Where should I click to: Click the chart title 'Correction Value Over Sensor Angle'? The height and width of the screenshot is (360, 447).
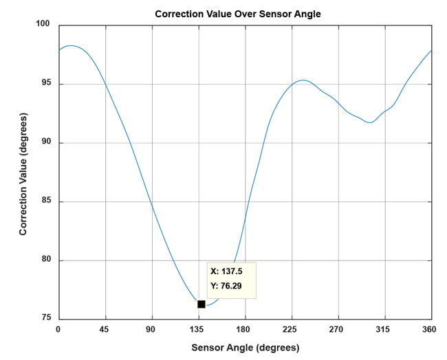pyautogui.click(x=238, y=14)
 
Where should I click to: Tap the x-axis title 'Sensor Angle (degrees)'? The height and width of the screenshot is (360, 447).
pyautogui.click(x=245, y=348)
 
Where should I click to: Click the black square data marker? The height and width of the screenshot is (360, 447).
pyautogui.click(x=201, y=304)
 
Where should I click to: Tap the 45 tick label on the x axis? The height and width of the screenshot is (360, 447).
pyautogui.click(x=105, y=329)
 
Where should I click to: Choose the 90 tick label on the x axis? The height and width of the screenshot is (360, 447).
pyautogui.click(x=152, y=329)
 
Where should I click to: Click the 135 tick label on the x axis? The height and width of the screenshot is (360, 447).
pyautogui.click(x=199, y=329)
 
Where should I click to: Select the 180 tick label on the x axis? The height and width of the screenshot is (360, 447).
pyautogui.click(x=246, y=329)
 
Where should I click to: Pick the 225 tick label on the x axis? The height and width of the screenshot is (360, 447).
pyautogui.click(x=292, y=329)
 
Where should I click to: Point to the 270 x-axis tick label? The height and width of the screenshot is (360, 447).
pyautogui.click(x=338, y=329)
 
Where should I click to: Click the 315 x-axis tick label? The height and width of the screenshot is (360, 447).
pyautogui.click(x=385, y=329)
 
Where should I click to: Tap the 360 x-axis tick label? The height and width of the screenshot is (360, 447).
pyautogui.click(x=431, y=329)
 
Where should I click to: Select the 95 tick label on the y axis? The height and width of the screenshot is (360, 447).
pyautogui.click(x=46, y=85)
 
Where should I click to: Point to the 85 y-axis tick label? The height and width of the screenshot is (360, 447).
pyautogui.click(x=46, y=202)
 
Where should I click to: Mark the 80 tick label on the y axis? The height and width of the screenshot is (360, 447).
pyautogui.click(x=46, y=261)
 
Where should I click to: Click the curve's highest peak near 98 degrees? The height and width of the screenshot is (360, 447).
pyautogui.click(x=71, y=45)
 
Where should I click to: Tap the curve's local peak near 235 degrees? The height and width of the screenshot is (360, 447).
pyautogui.click(x=302, y=80)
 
